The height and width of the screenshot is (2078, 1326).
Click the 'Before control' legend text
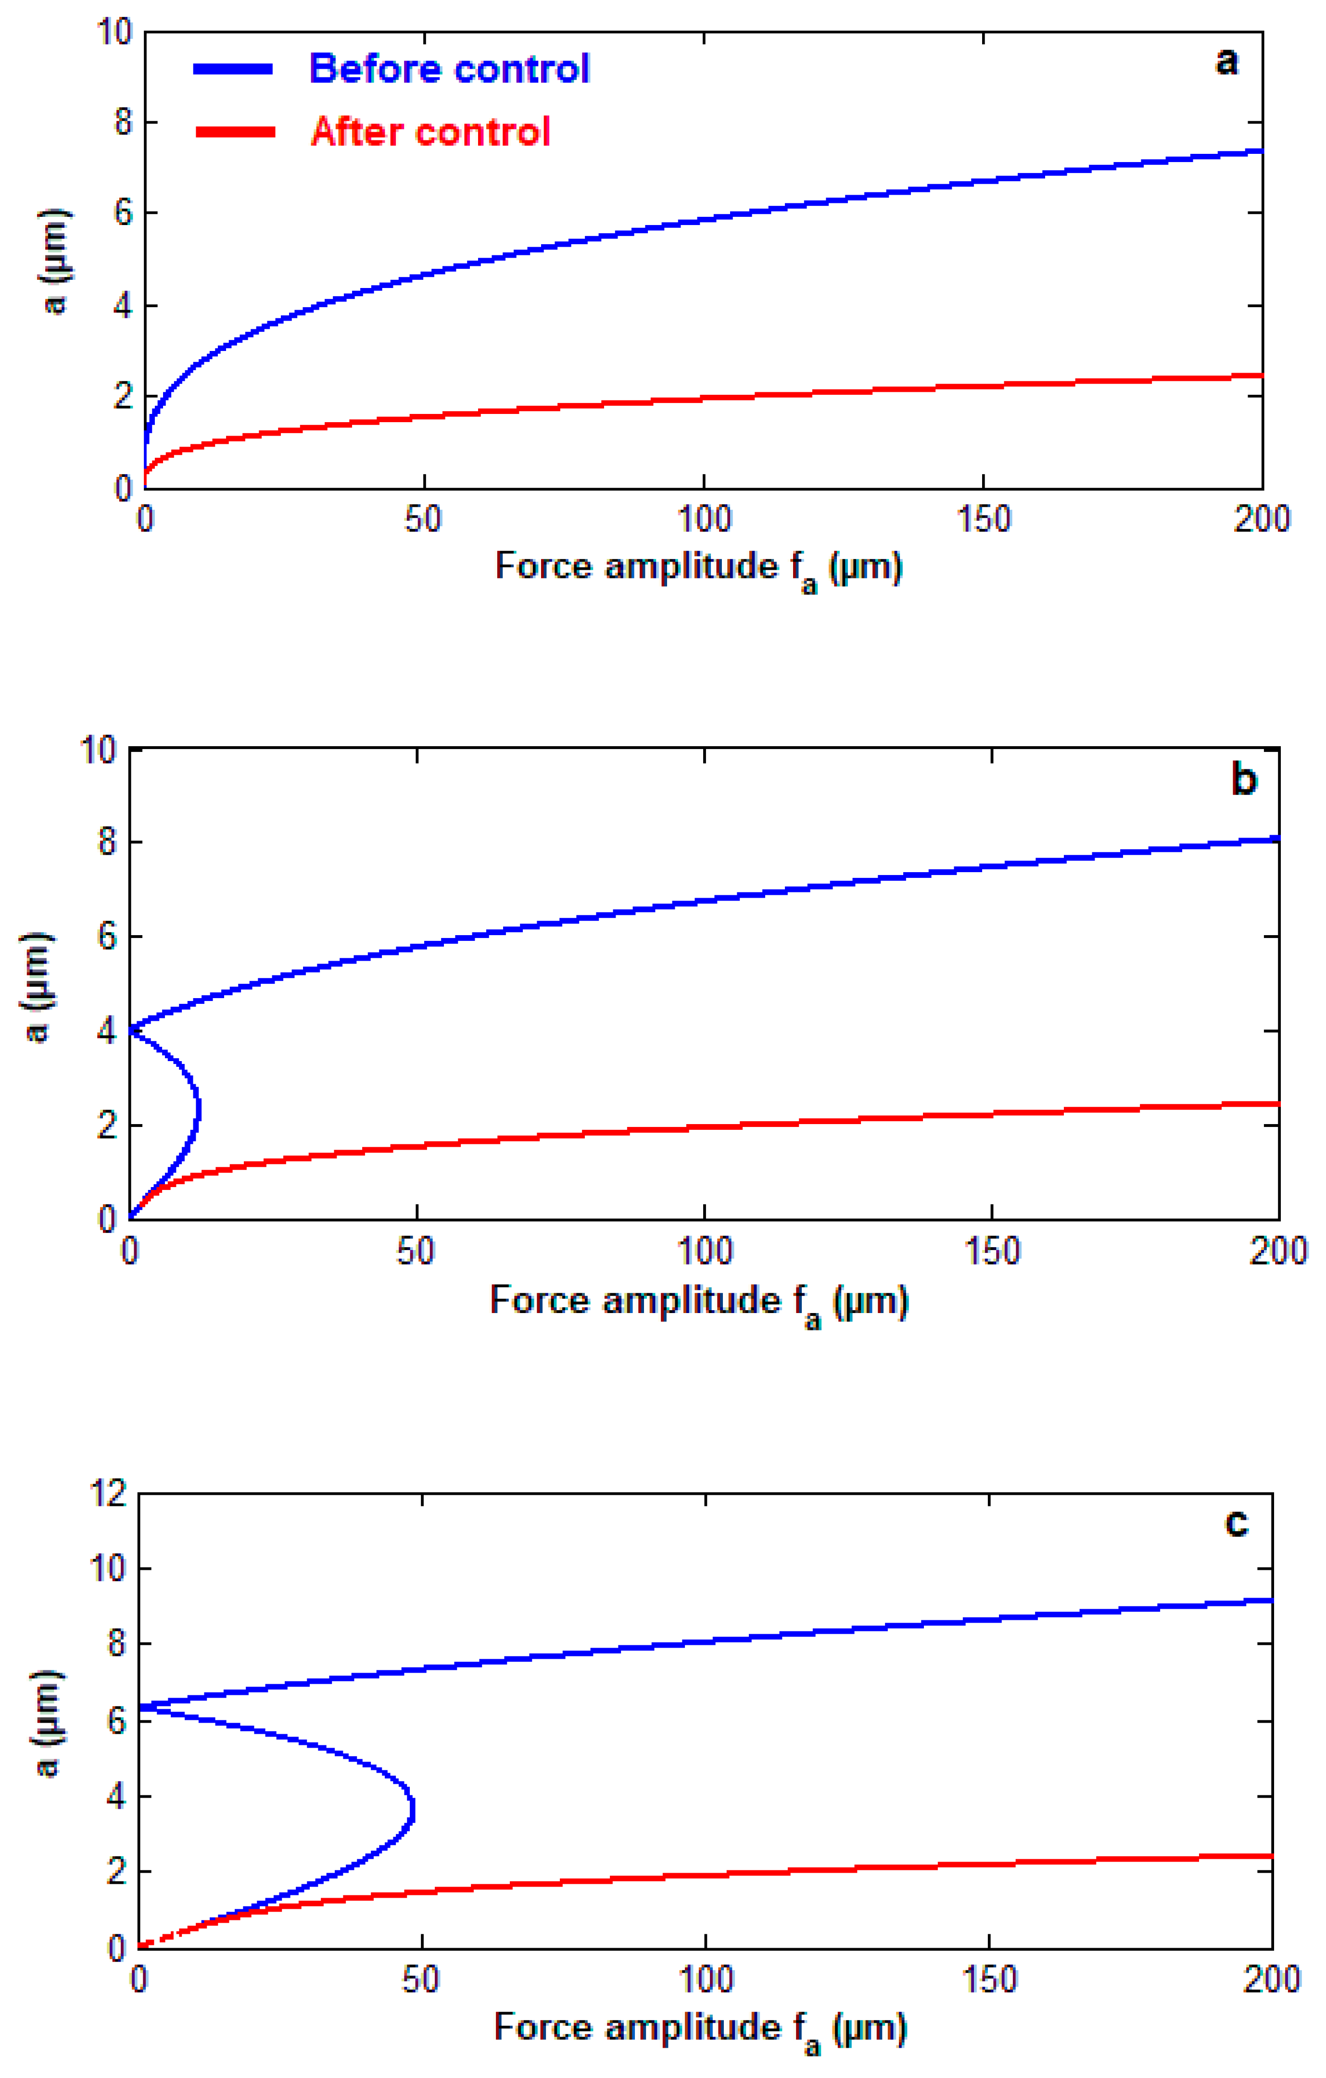click(449, 69)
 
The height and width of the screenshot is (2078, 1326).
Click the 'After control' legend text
click(430, 132)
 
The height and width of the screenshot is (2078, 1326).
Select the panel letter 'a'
click(1226, 62)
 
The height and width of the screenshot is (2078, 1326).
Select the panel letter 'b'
click(1243, 779)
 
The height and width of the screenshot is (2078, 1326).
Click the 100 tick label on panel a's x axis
click(704, 519)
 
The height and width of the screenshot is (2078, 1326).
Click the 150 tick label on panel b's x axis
click(991, 1252)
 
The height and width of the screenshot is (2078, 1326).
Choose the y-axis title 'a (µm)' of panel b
click(36, 987)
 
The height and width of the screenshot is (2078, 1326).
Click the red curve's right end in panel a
click(1261, 376)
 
